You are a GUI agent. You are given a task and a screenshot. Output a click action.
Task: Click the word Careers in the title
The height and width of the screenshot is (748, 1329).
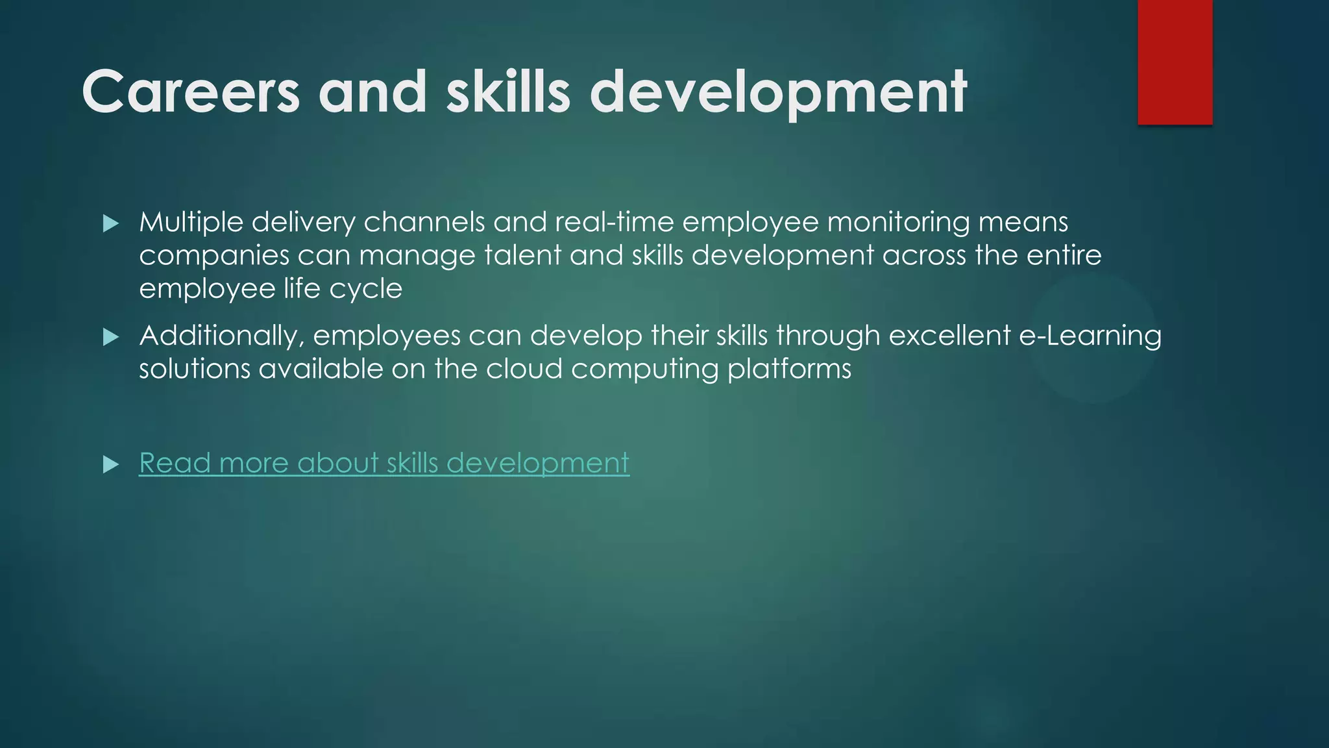click(191, 92)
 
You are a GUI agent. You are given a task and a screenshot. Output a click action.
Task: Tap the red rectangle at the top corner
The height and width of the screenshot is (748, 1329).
click(1175, 62)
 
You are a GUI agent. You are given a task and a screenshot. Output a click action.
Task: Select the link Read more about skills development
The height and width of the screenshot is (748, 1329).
click(384, 463)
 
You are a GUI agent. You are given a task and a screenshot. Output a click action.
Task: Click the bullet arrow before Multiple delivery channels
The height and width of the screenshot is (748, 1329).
click(111, 224)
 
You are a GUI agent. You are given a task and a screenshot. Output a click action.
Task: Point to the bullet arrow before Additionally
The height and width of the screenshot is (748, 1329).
click(111, 337)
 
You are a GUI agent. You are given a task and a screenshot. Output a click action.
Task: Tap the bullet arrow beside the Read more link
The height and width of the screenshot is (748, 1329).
click(111, 464)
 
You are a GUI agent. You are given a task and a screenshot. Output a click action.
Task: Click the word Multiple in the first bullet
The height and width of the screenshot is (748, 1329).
click(191, 222)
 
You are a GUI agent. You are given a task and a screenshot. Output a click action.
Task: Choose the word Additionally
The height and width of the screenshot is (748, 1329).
click(221, 336)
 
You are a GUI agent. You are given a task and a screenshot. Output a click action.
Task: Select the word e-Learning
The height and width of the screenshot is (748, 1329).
click(1090, 336)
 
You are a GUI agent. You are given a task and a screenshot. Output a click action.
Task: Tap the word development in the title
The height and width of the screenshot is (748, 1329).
click(778, 93)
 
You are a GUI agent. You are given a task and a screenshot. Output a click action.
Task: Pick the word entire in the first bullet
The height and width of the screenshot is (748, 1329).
click(1064, 255)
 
